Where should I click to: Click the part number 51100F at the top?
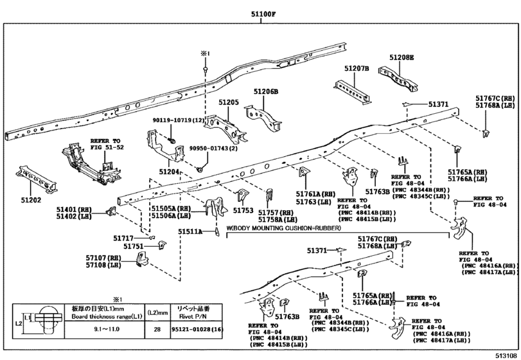263,14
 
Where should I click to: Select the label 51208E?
402,57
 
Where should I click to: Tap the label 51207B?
357,69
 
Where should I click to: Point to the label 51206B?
266,92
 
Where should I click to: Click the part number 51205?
229,102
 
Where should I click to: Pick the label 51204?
169,172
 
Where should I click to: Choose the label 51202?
31,200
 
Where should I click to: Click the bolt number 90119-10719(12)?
178,120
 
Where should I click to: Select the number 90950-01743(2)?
213,148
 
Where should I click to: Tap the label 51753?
243,210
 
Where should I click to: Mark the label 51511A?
190,231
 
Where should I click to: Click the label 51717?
123,238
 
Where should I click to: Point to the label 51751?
134,246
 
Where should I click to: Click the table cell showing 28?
157,329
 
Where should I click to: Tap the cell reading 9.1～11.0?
105,329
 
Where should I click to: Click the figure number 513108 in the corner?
506,355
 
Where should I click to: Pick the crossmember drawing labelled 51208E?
399,79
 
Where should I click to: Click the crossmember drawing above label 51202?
37,179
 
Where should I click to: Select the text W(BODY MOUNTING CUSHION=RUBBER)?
284,228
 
